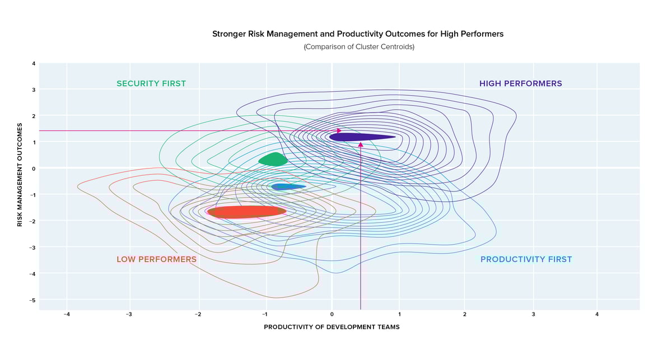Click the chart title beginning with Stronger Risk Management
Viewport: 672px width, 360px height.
click(x=358, y=34)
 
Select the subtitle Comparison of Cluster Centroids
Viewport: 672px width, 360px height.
click(x=359, y=47)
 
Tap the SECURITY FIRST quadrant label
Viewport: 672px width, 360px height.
click(x=151, y=83)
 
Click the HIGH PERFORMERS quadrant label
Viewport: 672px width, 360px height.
click(x=520, y=83)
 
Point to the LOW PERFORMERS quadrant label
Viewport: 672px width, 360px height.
click(x=156, y=259)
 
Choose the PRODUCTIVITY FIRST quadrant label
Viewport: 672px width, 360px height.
click(x=526, y=259)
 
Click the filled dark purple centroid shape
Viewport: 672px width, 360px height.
click(x=358, y=137)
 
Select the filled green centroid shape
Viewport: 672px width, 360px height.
click(x=273, y=160)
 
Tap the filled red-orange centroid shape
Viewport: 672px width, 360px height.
click(x=246, y=211)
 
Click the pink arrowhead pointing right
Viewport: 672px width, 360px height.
click(x=338, y=130)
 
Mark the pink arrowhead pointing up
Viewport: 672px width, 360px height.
click(x=361, y=144)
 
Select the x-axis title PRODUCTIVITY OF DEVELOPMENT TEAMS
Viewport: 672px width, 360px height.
click(x=332, y=327)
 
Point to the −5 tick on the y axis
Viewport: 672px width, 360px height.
click(x=33, y=300)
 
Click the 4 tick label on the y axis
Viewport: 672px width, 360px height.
click(x=34, y=63)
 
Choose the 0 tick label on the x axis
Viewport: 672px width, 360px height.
click(x=332, y=315)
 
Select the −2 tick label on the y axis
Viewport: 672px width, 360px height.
click(x=33, y=221)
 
